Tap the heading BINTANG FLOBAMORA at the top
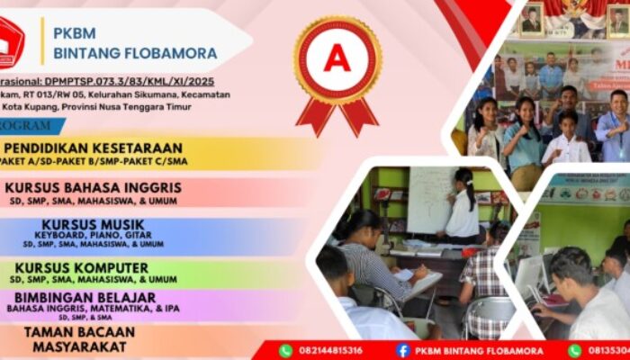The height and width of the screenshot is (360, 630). tap(135, 53)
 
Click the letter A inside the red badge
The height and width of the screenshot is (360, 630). tap(336, 58)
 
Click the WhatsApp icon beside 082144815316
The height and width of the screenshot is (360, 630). tap(285, 351)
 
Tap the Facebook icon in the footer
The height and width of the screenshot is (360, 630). tap(402, 351)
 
